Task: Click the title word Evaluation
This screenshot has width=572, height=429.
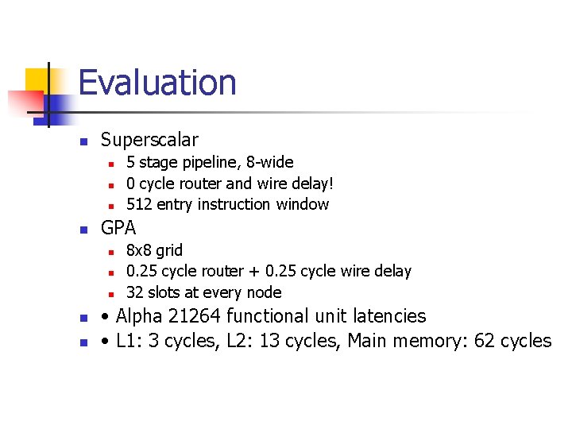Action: coord(157,83)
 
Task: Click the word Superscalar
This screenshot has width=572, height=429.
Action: coord(149,140)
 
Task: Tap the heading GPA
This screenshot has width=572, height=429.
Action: coord(118,228)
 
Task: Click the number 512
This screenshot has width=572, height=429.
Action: coord(140,204)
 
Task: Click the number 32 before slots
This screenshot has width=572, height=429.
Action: coord(134,292)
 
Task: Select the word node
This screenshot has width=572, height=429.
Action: coord(265,292)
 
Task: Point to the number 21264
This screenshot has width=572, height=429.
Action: coord(195,316)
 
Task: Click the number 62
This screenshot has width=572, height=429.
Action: coord(485,341)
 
